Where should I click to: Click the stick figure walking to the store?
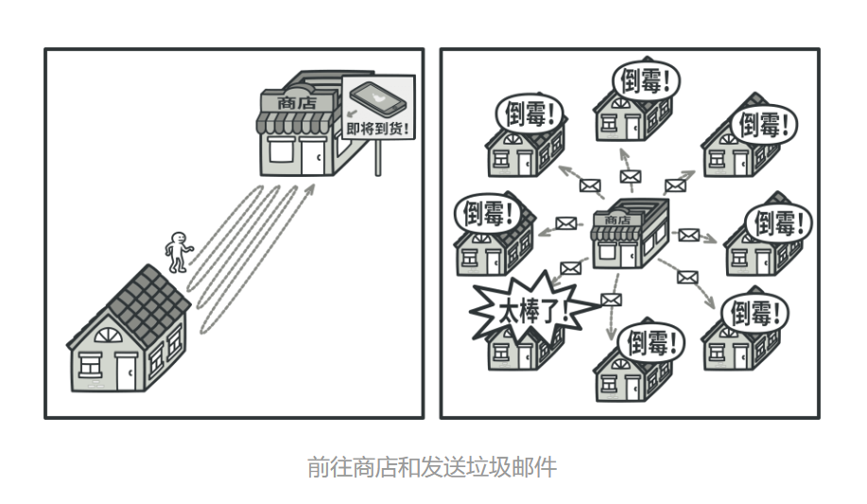pyautogui.click(x=177, y=252)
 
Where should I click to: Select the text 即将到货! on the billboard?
pyautogui.click(x=379, y=130)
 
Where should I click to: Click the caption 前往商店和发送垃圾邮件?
pyautogui.click(x=432, y=467)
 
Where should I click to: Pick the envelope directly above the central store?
pyautogui.click(x=630, y=176)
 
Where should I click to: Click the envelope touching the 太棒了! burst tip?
pyautogui.click(x=612, y=301)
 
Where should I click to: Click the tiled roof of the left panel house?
pyautogui.click(x=153, y=298)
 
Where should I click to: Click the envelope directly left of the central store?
pyautogui.click(x=566, y=223)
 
